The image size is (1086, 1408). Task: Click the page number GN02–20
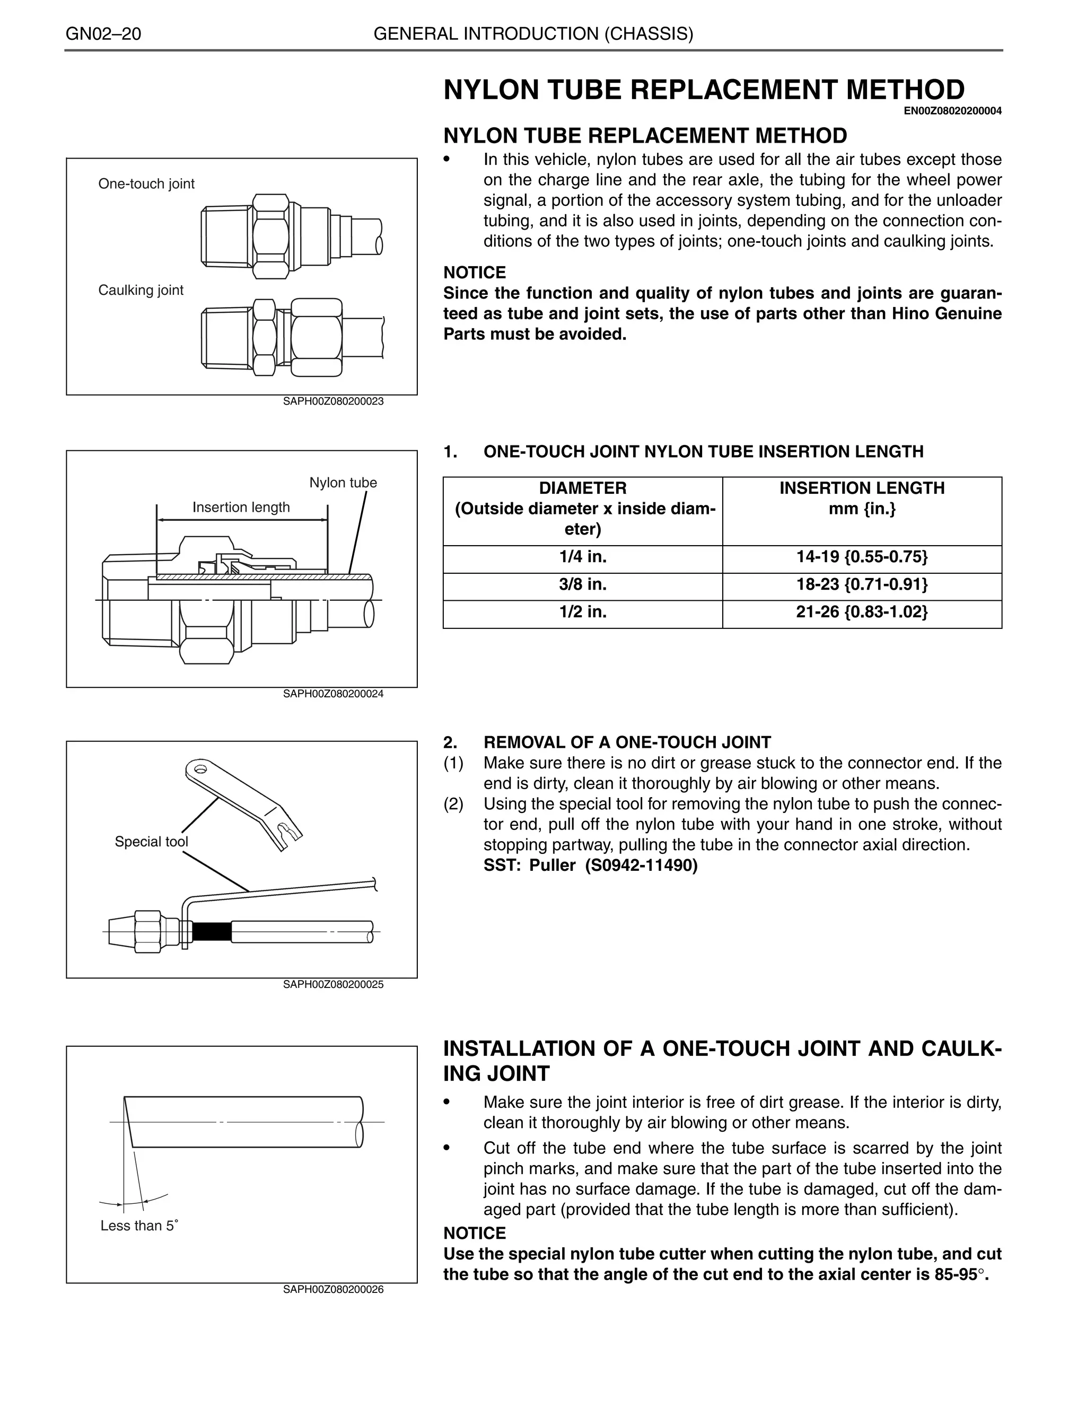point(103,34)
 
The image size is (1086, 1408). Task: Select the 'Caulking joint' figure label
point(141,290)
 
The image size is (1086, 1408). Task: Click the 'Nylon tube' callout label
point(343,483)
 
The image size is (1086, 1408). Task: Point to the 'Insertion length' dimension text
point(241,508)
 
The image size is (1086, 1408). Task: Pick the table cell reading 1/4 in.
point(583,557)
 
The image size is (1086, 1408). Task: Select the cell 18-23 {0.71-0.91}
point(862,585)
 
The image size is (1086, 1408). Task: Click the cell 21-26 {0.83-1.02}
point(862,612)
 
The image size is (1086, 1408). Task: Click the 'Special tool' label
point(152,842)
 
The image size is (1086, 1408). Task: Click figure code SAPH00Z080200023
point(333,401)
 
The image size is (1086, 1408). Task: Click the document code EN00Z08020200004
point(952,111)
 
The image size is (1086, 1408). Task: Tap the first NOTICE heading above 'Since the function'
point(475,273)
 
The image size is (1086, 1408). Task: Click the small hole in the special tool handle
point(200,769)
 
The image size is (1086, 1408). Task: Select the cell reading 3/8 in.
point(583,585)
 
